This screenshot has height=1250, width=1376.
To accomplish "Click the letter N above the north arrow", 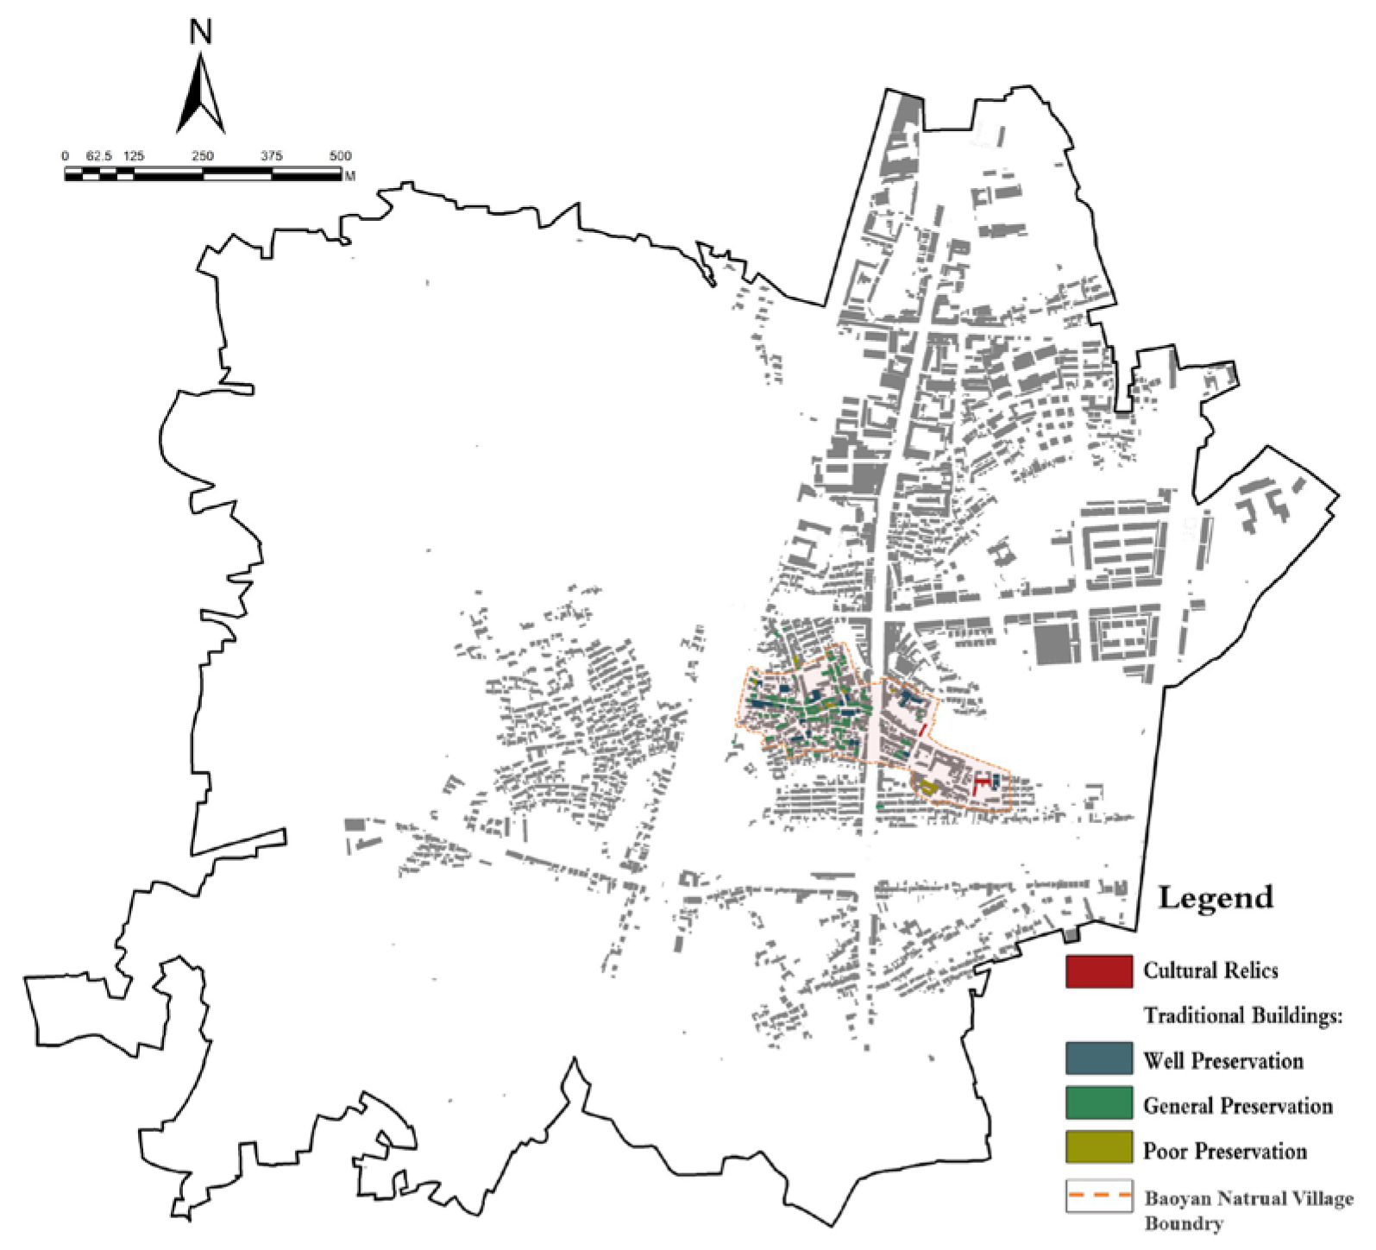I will click(200, 33).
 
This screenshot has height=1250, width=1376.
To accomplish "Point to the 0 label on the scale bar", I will click(66, 156).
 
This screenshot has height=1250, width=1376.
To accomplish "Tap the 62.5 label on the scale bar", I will click(98, 156).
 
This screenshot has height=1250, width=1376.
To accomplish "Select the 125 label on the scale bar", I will click(134, 156).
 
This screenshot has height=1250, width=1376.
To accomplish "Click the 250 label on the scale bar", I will click(203, 156).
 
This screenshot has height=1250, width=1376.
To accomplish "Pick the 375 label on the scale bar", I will click(272, 156).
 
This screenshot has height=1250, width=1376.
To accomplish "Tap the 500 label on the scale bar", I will click(340, 156).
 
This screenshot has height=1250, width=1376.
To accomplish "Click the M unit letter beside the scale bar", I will click(350, 176).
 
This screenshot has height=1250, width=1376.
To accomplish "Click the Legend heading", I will click(1215, 897).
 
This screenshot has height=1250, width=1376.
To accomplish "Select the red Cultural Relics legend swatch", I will click(1098, 970).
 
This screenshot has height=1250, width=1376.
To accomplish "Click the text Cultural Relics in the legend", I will click(1210, 970).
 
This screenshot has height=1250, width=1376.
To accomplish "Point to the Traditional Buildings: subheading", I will click(1243, 1015).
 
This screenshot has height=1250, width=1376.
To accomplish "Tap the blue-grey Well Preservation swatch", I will click(1098, 1058).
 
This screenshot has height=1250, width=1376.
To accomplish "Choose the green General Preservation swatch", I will click(1098, 1103).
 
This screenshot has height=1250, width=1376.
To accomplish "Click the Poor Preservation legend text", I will click(1224, 1151).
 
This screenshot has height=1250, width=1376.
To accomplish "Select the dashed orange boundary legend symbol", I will click(1098, 1196).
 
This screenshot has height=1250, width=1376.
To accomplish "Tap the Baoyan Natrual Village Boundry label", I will click(1247, 1209).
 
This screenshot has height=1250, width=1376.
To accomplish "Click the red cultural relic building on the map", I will click(978, 785).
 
